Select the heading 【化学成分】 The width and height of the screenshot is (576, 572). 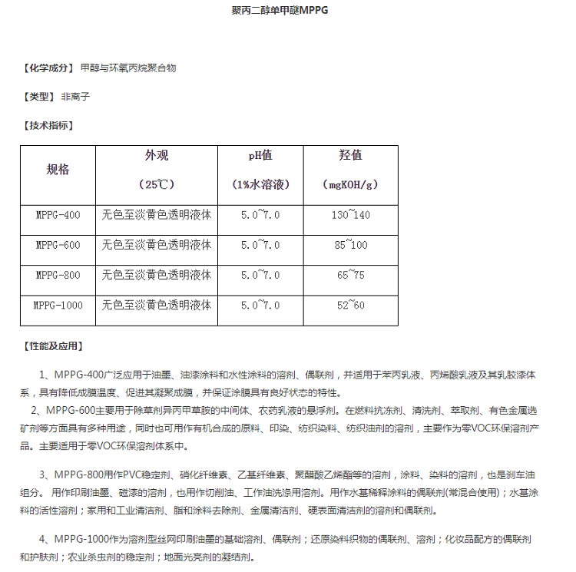pos(48,68)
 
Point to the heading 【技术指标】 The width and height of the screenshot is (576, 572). pos(48,125)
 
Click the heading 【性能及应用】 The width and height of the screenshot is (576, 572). pos(53,346)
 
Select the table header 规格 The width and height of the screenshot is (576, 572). pos(58,170)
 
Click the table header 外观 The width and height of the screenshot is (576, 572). pos(157,156)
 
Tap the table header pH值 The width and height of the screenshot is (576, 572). pos(260,156)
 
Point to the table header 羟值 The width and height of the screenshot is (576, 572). pos(350,156)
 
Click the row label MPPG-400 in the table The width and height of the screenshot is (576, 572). pos(58,215)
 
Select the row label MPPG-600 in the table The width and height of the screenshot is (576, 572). pos(58,245)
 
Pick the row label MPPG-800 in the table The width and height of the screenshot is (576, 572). pos(58,275)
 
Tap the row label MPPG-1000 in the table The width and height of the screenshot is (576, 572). pos(58,305)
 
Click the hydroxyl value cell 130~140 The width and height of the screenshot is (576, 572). pos(350,215)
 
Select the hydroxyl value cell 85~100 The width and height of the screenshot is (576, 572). pos(350,245)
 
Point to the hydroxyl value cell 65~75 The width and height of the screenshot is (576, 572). pos(350,275)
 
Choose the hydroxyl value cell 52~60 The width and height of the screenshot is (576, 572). pos(350,305)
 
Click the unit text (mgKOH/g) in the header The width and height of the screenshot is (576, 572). pos(350,185)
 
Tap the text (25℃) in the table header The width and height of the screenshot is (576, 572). pos(157,185)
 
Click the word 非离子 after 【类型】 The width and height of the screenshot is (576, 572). pos(76,97)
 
